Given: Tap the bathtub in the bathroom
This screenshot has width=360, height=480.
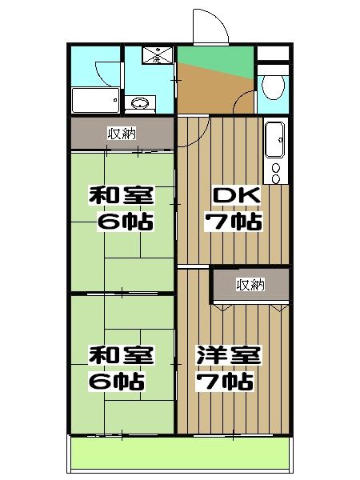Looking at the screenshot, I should coord(96,101).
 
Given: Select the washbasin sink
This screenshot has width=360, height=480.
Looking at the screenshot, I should coord(140,103).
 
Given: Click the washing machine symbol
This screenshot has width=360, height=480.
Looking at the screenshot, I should coord(152,56).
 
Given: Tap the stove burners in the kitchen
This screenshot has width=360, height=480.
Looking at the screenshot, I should coord(277,173).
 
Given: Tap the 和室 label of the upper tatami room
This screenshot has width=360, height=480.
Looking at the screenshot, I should coord(121,196).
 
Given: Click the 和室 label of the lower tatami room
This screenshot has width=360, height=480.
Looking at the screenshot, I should coord(121,354).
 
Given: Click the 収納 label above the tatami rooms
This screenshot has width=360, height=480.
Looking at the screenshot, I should coord(122,134).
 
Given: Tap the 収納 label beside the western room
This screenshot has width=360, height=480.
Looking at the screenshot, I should coord(250,284).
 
